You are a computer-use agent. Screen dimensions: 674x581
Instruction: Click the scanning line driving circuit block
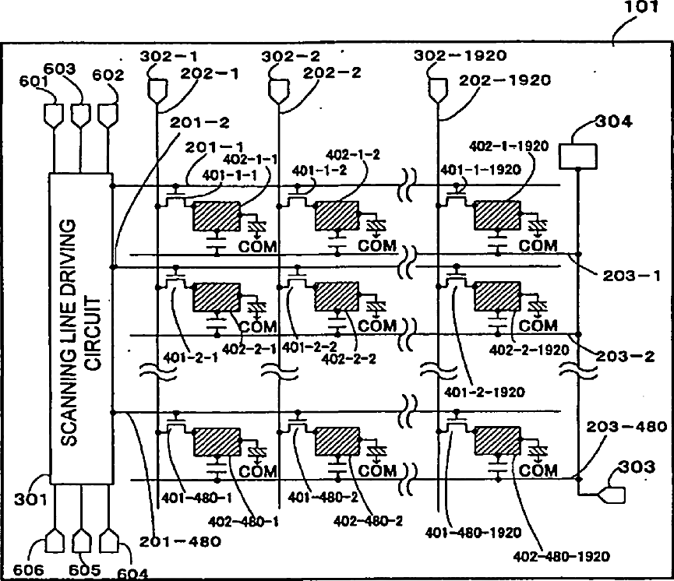coord(81,329)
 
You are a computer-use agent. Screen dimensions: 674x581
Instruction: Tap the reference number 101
coord(640,7)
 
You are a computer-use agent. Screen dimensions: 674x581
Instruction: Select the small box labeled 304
coord(577,157)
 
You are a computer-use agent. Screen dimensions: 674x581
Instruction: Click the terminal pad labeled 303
coord(612,495)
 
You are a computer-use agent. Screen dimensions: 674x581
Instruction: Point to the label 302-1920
coord(461,55)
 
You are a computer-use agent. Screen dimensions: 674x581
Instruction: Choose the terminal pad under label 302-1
coord(157,90)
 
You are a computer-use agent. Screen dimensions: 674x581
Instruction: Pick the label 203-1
coord(631,276)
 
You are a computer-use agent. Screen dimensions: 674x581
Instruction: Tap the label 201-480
coord(180,541)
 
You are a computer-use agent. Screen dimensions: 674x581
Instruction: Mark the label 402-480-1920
coord(561,557)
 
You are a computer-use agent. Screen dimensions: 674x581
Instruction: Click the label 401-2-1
coord(190,357)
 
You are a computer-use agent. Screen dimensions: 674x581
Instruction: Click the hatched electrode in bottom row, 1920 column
coord(498,440)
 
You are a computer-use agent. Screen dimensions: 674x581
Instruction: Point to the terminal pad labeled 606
coord(55,541)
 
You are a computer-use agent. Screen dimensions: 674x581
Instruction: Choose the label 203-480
coord(626,427)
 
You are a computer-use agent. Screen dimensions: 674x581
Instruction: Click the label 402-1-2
coord(353,155)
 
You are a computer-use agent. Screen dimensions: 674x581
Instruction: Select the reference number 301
coord(30,499)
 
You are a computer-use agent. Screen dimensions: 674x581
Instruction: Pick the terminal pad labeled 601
coord(55,115)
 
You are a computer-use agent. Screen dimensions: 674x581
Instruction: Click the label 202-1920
coord(505,80)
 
